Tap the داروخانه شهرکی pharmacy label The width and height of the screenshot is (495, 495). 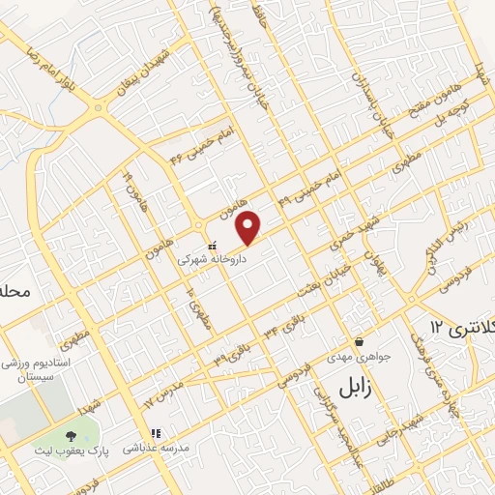coord(212,259)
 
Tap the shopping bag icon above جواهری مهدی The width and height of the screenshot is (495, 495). coord(360,341)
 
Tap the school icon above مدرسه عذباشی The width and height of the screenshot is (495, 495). coord(152,434)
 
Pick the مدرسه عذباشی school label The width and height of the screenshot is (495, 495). coord(153,450)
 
